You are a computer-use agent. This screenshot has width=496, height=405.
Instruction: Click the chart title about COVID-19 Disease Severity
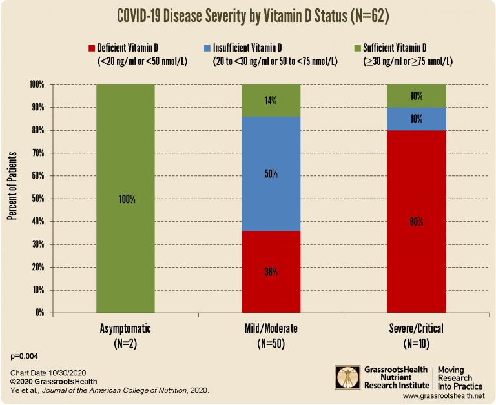248,15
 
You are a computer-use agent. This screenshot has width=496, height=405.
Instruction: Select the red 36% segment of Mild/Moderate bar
271,272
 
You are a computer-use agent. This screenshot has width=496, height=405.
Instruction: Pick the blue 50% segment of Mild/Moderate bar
271,174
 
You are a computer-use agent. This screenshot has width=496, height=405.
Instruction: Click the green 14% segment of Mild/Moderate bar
271,101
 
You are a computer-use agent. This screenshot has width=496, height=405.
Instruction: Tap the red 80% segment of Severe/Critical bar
416,221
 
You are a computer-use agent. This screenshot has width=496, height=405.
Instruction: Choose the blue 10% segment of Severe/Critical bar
416,119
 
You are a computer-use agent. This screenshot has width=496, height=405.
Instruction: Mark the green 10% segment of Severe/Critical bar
416,96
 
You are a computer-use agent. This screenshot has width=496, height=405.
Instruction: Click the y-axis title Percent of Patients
12,187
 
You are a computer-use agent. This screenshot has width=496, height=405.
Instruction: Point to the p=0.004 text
25,356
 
